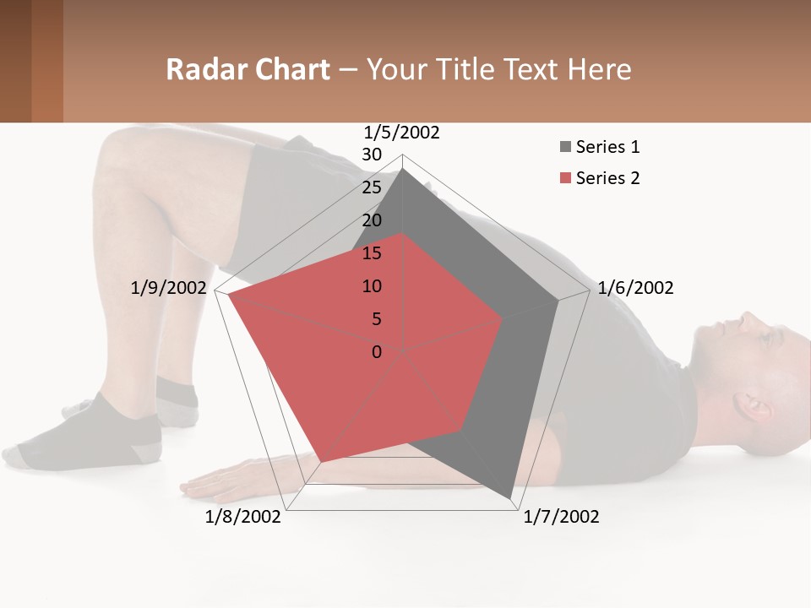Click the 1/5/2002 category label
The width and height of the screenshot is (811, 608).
[x=402, y=133]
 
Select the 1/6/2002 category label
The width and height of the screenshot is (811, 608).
[x=635, y=288]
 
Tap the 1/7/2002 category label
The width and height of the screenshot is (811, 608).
[x=561, y=517]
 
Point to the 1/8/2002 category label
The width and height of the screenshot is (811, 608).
[x=243, y=517]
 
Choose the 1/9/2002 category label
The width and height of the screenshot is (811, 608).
[x=168, y=288]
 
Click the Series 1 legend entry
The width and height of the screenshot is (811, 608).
[x=607, y=147]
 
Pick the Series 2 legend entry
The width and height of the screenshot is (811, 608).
[x=607, y=178]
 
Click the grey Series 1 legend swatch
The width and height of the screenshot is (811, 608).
[x=565, y=148]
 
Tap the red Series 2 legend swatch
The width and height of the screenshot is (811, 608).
[x=565, y=178]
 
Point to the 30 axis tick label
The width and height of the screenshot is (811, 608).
[x=372, y=155]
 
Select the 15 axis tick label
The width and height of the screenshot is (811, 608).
[x=372, y=253]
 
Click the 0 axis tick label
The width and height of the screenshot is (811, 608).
[x=377, y=352]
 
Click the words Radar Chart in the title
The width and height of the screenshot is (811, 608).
[x=248, y=69]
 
